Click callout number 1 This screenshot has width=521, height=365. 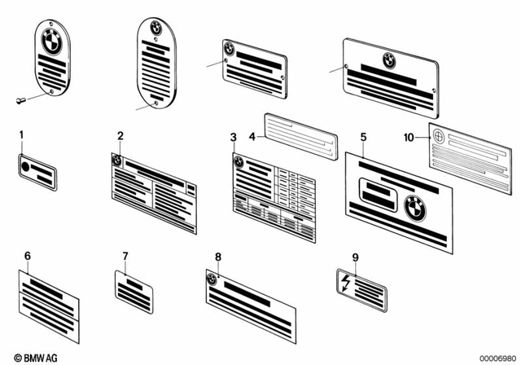pos(21,134)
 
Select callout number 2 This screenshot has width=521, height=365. pos(120,135)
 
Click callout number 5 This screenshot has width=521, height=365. pos(363,138)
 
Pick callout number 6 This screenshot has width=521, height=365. pos(27,256)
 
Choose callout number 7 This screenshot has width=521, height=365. pos(125,256)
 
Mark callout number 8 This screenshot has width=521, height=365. pos(217,257)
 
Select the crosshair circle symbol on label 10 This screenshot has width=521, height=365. pos(439,138)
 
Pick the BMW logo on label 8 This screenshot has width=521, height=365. pos(213,279)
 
